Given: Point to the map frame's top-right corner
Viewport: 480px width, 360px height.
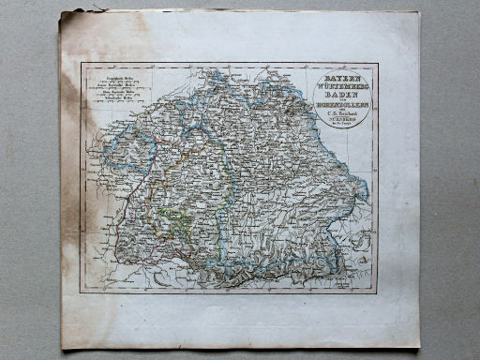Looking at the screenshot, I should pyautogui.click(x=379, y=64).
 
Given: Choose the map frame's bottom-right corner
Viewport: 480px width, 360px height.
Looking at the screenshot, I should pyautogui.click(x=379, y=292).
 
